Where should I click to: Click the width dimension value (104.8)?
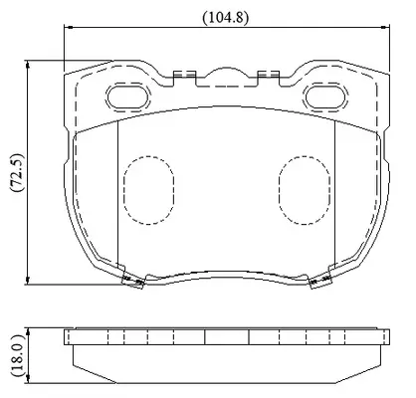click(x=225, y=17)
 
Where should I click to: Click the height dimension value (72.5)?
click(x=17, y=173)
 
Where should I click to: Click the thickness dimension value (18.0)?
click(x=17, y=355)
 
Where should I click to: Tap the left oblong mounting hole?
click(x=127, y=97)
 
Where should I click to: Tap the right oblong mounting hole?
click(x=325, y=97)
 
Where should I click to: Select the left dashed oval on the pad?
click(x=148, y=190)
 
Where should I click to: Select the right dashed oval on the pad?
click(x=305, y=190)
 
